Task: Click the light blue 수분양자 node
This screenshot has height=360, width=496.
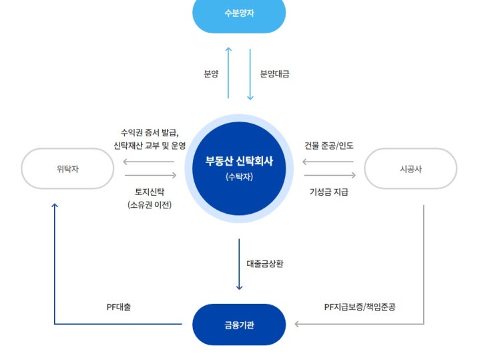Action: (239, 13)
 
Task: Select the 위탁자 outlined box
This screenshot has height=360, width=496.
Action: (67, 168)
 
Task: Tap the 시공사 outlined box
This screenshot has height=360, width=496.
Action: (411, 168)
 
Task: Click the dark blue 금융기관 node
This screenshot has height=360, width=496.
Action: (239, 325)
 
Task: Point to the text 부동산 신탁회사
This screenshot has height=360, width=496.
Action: (239, 161)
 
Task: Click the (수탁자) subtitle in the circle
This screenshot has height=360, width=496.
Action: (239, 177)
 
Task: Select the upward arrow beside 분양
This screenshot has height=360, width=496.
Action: (228, 73)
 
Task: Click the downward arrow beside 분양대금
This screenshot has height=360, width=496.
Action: (250, 74)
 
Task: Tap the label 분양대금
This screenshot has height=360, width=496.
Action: (274, 73)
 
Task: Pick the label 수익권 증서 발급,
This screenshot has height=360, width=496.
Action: (150, 133)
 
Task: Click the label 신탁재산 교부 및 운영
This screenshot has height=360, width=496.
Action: (150, 146)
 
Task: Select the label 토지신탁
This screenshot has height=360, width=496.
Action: (150, 192)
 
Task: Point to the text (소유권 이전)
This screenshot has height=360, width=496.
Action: (150, 205)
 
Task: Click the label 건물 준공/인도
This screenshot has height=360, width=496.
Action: (329, 146)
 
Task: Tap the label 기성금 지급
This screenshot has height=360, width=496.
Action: (329, 192)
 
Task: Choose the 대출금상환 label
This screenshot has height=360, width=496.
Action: (265, 264)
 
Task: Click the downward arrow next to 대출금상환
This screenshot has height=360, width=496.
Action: (239, 264)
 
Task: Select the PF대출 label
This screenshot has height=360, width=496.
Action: (119, 307)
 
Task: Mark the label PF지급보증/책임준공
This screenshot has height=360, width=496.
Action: (360, 307)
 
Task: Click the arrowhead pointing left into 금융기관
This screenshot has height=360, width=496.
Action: (296, 324)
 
